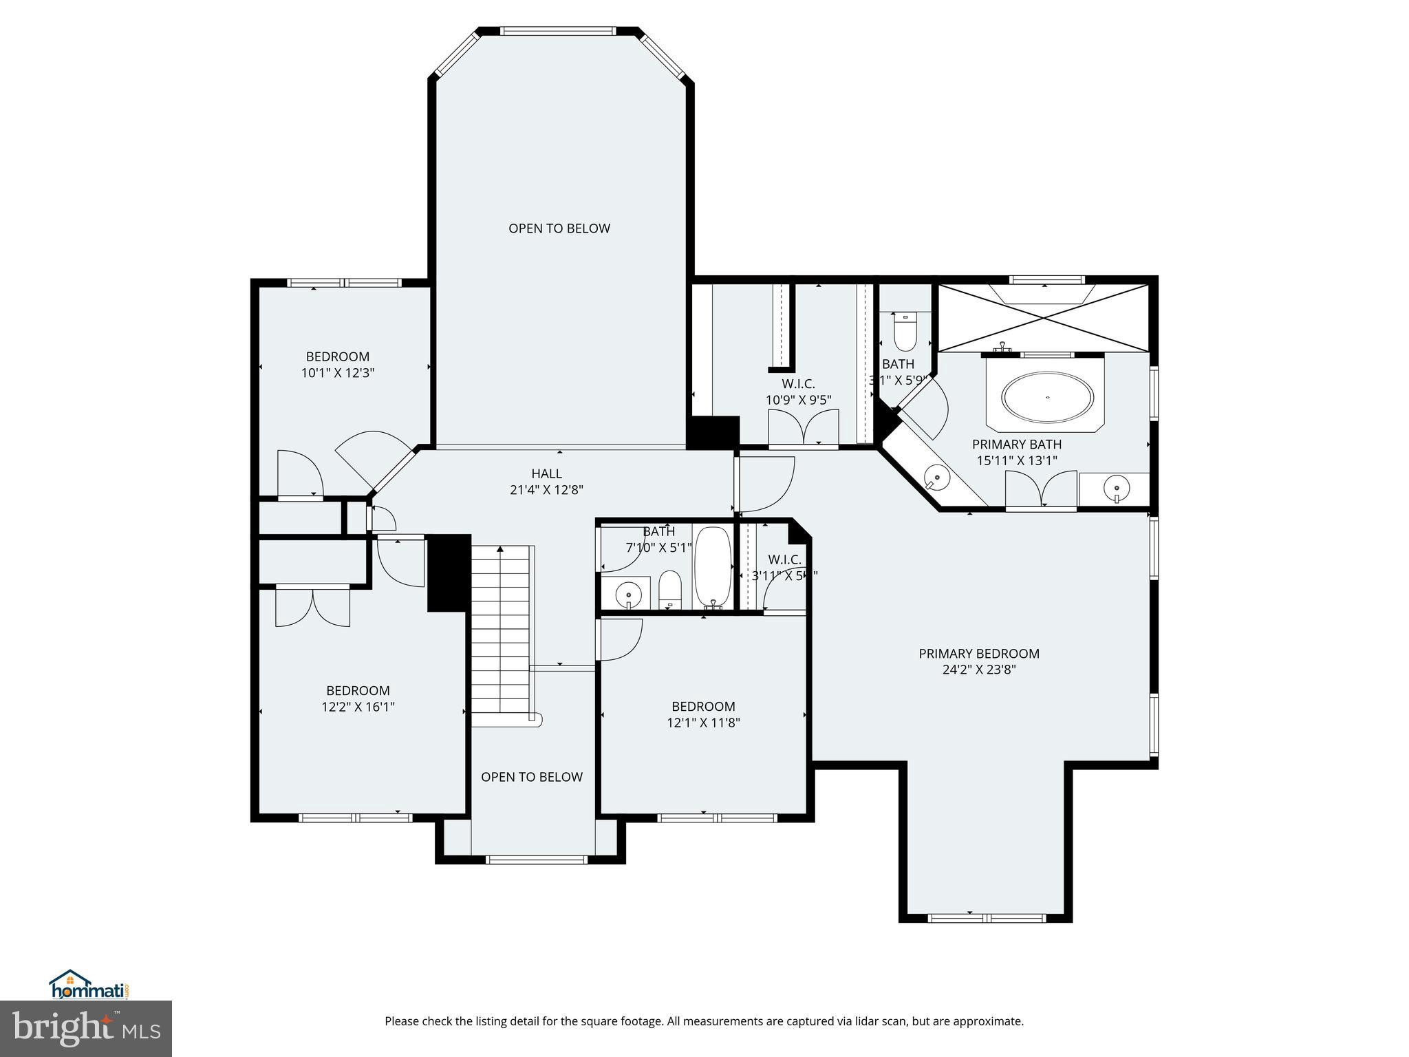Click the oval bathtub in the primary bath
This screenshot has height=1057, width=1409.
click(x=1047, y=398)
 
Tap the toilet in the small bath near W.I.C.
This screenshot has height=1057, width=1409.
click(x=905, y=333)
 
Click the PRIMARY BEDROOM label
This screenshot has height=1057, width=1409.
click(x=978, y=654)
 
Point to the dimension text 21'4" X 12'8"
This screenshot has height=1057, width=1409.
click(x=546, y=490)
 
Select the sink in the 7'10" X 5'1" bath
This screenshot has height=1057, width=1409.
click(x=627, y=593)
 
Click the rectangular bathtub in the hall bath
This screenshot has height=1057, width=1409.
click(x=713, y=567)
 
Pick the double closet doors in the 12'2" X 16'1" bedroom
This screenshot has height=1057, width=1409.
click(x=312, y=606)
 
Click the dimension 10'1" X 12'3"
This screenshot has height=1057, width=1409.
click(x=337, y=373)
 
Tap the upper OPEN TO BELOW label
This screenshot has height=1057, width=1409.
click(x=559, y=228)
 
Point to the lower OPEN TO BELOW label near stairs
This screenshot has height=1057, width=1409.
click(x=531, y=777)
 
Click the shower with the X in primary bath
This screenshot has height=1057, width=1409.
click(x=1044, y=318)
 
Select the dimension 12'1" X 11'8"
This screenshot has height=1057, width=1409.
click(x=703, y=723)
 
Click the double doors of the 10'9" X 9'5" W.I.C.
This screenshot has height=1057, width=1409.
click(x=803, y=428)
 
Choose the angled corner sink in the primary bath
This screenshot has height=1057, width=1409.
click(x=936, y=476)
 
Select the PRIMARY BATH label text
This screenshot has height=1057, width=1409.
click(x=1016, y=445)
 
